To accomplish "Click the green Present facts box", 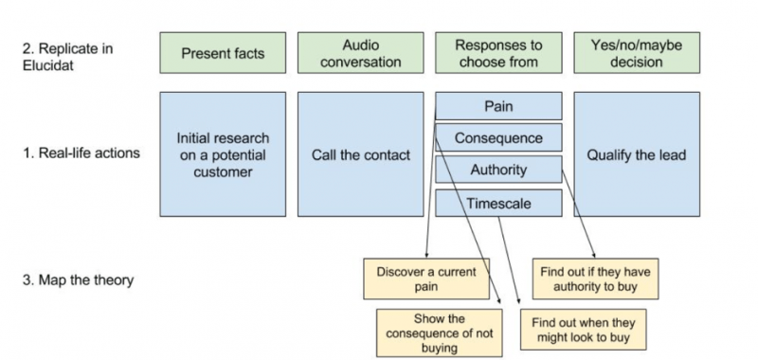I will click(223, 54).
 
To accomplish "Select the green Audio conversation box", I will click(360, 54).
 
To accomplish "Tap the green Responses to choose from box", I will click(498, 54).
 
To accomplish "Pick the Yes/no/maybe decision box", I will click(637, 54).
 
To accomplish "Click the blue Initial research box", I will click(223, 154).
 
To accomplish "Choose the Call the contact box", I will click(360, 154).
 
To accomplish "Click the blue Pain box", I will click(498, 106).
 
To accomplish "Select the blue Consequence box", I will click(498, 138).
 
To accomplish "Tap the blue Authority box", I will click(498, 171).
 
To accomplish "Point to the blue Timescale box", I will click(498, 203).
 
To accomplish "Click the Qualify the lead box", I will click(637, 154).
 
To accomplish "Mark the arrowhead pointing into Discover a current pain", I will click(425, 255).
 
